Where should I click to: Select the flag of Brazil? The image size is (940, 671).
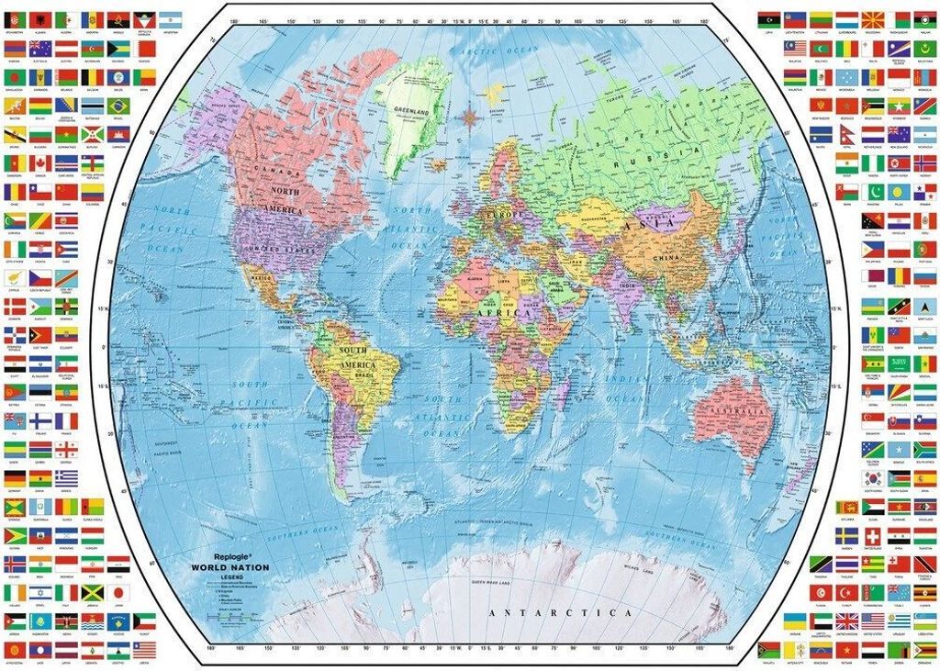coord(118,106)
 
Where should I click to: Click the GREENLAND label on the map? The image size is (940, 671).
coord(411,111)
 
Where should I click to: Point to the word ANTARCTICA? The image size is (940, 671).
coord(560,612)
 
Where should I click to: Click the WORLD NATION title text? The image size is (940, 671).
coord(229,568)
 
